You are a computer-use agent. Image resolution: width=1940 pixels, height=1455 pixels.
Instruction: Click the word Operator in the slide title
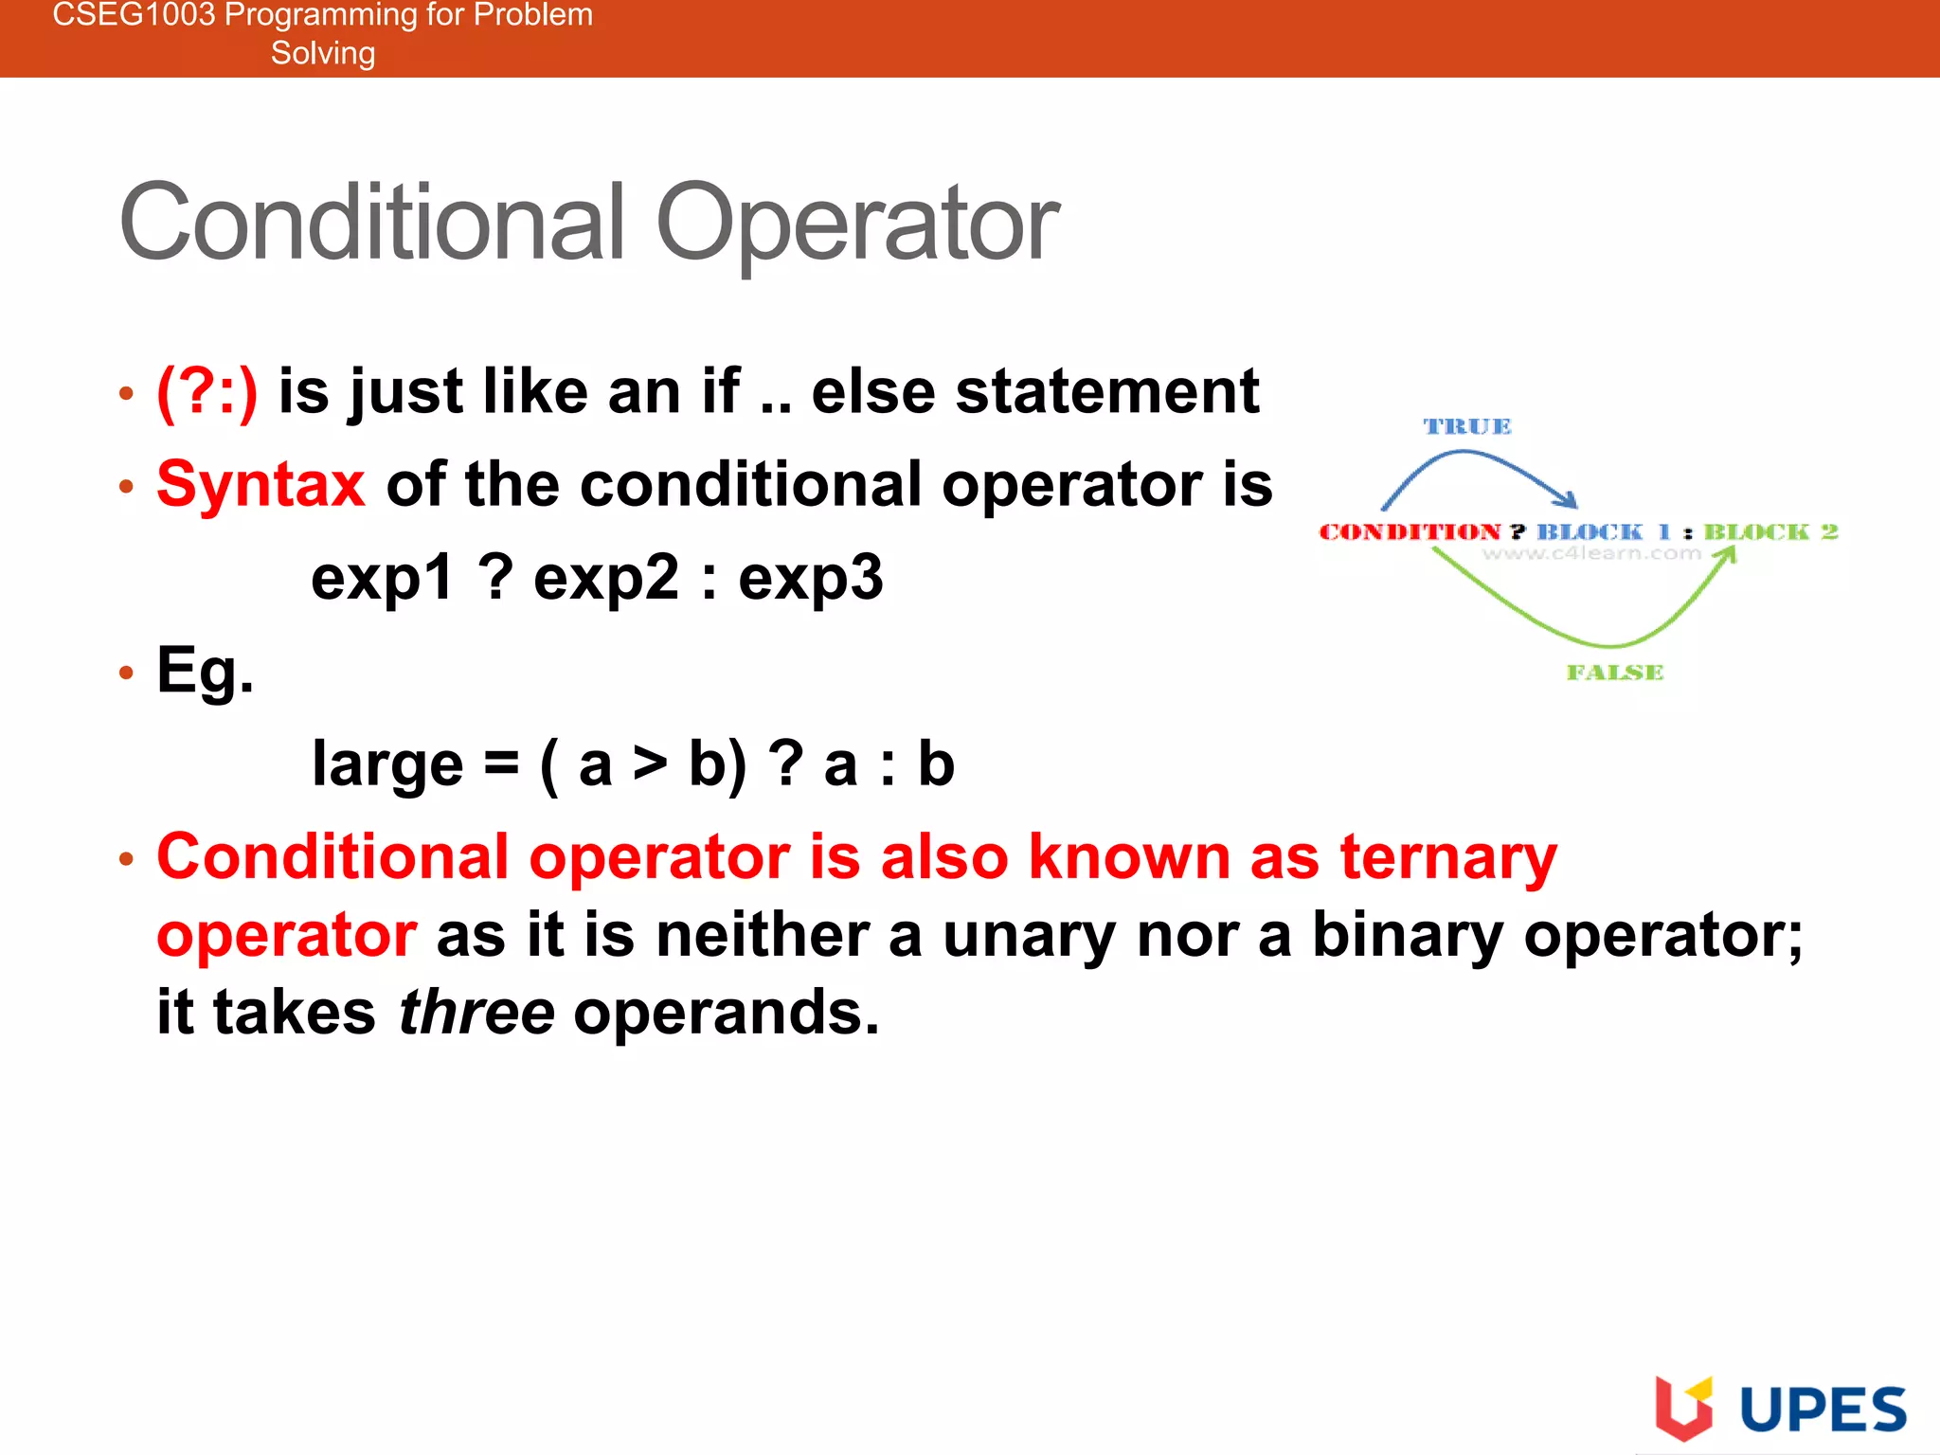tap(857, 223)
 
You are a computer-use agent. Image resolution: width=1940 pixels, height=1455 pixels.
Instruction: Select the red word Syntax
tap(260, 484)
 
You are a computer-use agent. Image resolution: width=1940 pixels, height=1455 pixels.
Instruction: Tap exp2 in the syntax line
tap(606, 578)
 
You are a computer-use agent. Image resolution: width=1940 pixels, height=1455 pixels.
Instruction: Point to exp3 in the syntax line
tap(811, 578)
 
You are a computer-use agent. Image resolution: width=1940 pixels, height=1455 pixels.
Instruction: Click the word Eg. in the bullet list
tap(205, 671)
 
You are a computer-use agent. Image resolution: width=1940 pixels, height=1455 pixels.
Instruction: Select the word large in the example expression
tap(387, 764)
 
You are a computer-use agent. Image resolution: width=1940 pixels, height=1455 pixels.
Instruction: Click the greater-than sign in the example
tap(650, 764)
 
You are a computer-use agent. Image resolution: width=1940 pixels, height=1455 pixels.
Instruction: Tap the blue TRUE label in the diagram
tap(1467, 427)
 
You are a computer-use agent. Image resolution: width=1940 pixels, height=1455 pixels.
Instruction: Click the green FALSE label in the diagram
tap(1615, 673)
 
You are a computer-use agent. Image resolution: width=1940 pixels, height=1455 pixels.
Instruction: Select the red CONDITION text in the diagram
tap(1410, 532)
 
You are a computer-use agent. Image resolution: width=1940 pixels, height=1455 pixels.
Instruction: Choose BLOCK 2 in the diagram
tap(1770, 532)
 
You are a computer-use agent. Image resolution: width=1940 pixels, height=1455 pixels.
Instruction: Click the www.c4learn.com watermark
tap(1592, 553)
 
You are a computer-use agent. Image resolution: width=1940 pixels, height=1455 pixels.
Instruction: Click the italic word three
tap(476, 1013)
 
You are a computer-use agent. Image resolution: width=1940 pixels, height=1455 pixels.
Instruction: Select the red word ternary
tap(1448, 857)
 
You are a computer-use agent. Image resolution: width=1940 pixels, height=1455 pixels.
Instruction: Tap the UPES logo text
tap(1823, 1410)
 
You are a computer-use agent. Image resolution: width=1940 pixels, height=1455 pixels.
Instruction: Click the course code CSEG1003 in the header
tap(134, 15)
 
